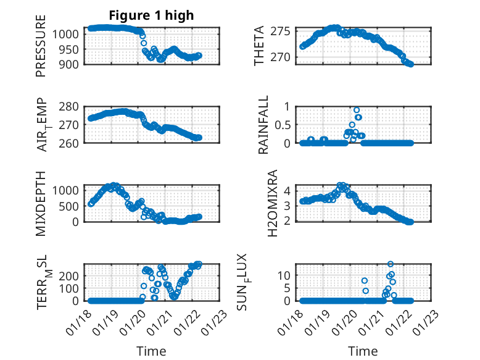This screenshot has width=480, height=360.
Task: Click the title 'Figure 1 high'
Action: click(x=151, y=15)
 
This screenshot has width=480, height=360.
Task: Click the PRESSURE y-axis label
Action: click(x=41, y=50)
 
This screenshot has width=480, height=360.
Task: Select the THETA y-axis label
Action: click(x=260, y=46)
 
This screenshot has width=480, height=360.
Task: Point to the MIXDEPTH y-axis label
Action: click(x=41, y=203)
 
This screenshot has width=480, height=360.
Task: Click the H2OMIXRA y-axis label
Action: click(x=263, y=203)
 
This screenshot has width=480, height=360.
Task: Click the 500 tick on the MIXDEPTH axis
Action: click(x=70, y=206)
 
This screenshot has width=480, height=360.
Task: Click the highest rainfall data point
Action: click(x=357, y=110)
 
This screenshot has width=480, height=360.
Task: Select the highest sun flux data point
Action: click(x=391, y=264)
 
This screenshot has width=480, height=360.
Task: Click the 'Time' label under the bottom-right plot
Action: click(x=363, y=351)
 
